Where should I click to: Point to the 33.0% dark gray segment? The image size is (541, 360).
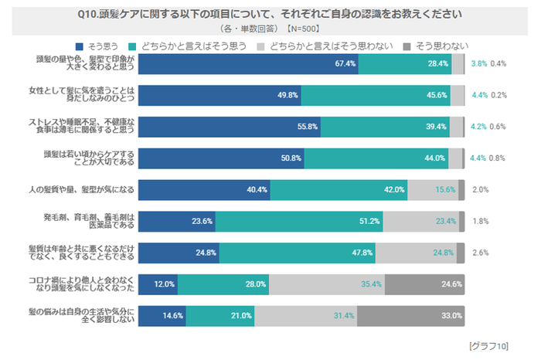coord(410,315)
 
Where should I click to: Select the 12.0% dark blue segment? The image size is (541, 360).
coord(162,284)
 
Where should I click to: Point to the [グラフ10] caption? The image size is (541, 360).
coord(489,345)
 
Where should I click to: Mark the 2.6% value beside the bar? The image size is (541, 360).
coord(479,253)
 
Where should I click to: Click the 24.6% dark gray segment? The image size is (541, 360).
coord(424,284)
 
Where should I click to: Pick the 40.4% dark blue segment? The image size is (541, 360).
coord(204,189)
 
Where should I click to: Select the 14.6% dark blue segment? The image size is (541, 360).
coord(162,315)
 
